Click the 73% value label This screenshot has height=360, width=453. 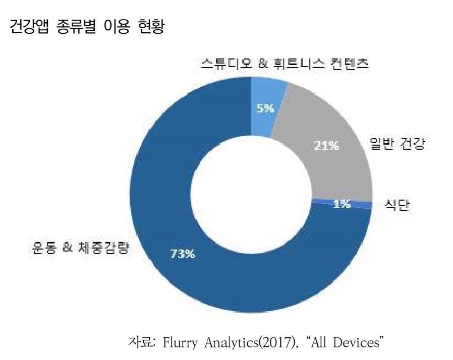point(182,254)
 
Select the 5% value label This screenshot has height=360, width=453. point(264,108)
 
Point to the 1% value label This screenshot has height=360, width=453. point(342,204)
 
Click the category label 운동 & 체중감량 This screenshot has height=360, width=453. point(79,248)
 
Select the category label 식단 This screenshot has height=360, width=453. point(396,207)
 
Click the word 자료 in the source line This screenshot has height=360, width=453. point(142,343)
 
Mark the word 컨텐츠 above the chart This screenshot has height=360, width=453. point(351,64)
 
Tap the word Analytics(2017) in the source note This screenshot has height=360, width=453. point(245,343)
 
